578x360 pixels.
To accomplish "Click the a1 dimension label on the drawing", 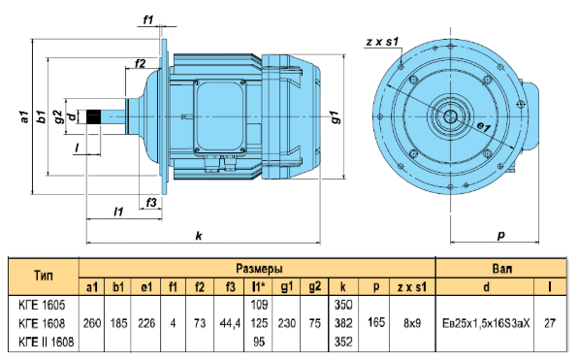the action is coord(24,116).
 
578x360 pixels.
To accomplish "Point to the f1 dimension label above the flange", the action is coord(148,19).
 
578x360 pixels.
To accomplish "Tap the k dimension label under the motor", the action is coord(199,236).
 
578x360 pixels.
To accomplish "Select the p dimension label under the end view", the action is coord(501,236).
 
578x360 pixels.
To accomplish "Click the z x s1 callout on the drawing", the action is coord(383,42).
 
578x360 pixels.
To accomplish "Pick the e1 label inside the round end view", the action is coord(484,127).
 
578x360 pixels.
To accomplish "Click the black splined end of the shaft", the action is coord(93,116).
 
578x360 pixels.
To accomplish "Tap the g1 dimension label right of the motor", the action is coord(335,116).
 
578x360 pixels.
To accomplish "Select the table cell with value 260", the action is coord(92,323).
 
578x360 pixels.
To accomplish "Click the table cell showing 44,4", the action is coord(230,323).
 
